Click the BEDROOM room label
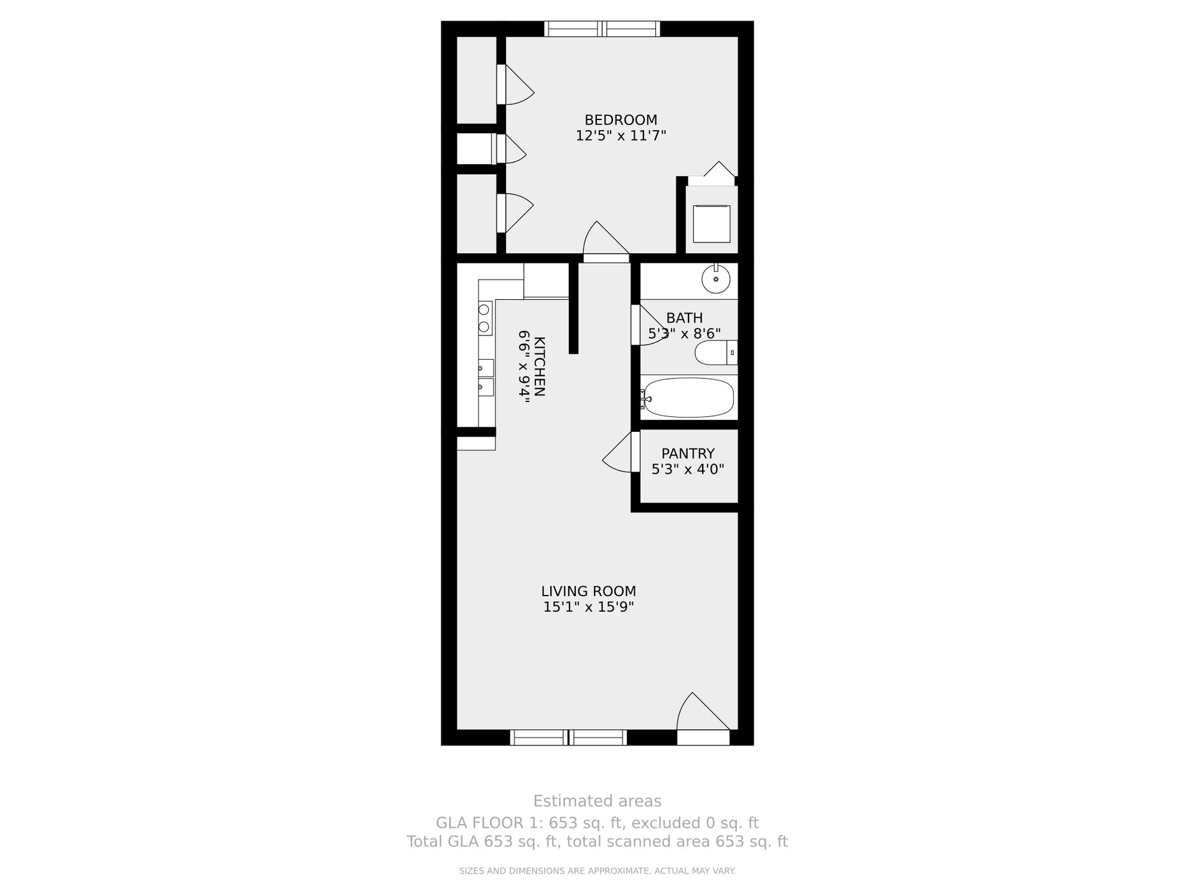tap(621, 119)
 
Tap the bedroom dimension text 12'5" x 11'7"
tap(621, 136)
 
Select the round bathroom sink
tap(716, 279)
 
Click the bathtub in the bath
tap(688, 398)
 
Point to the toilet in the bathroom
tap(714, 353)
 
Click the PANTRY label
tap(688, 454)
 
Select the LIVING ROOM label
tap(588, 591)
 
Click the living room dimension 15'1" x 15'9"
tap(588, 607)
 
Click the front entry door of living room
tap(702, 716)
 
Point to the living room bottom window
tap(568, 737)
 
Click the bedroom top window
tap(602, 29)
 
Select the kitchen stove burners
tap(484, 318)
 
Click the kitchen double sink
tap(485, 378)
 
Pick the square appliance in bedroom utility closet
tap(711, 224)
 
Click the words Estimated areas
tap(597, 801)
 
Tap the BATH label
tap(684, 318)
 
